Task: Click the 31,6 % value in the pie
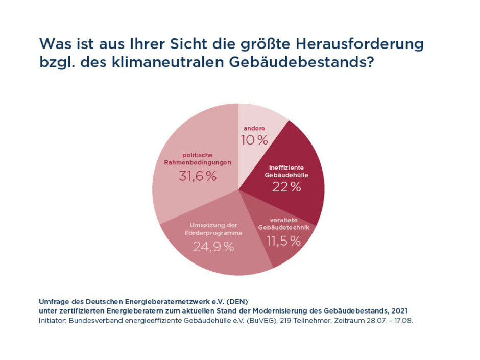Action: click(x=198, y=176)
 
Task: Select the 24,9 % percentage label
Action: click(x=213, y=247)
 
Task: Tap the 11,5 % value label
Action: click(x=283, y=241)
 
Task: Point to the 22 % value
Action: click(x=286, y=187)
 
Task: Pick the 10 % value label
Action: click(x=254, y=140)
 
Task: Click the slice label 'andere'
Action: click(x=254, y=128)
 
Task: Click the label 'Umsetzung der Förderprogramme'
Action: click(x=213, y=228)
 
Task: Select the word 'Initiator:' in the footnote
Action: click(x=53, y=321)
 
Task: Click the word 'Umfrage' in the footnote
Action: click(x=53, y=301)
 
